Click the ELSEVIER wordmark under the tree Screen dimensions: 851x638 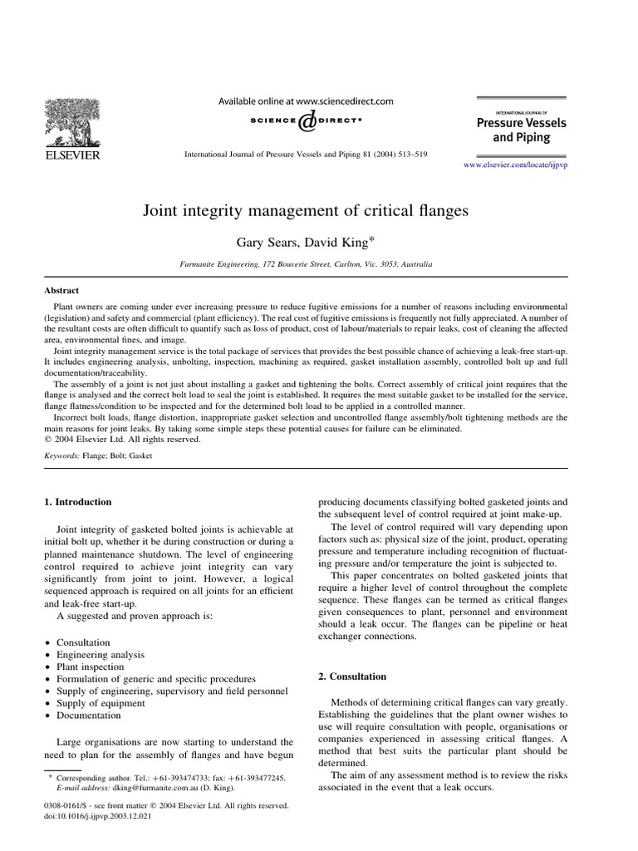[x=72, y=155]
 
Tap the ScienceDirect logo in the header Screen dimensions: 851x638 [x=307, y=121]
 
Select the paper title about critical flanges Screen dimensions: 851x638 [x=306, y=211]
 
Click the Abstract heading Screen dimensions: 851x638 [x=61, y=290]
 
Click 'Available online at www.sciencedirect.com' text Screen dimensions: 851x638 [x=306, y=101]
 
